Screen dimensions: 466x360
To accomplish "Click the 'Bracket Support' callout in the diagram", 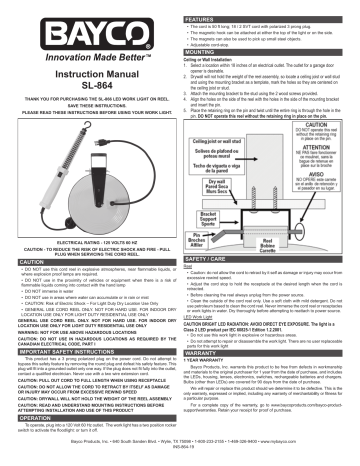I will [x=229, y=242].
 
